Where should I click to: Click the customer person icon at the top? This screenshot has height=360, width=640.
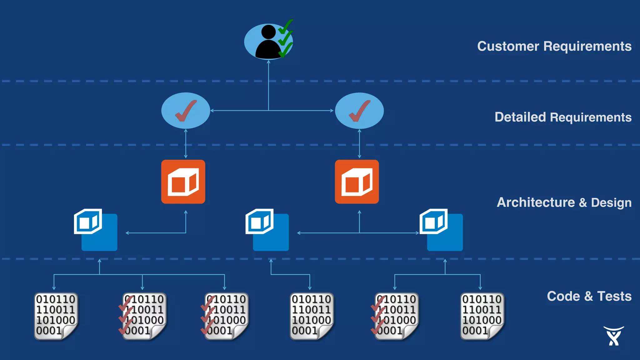point(268,42)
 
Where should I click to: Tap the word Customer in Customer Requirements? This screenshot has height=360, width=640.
point(508,46)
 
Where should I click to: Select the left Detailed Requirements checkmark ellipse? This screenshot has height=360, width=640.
point(186,111)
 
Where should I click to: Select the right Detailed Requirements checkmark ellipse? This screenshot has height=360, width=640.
point(359,111)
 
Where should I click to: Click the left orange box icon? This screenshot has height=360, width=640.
point(183,182)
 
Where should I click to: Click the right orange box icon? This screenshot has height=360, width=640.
point(357,182)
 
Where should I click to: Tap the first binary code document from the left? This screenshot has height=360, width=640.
point(56,316)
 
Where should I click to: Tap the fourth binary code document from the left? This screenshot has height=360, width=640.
point(311,316)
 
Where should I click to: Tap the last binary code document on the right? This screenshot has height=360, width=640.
point(482,316)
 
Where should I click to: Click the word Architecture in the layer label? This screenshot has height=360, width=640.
point(536,202)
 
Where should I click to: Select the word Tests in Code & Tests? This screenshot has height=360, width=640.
point(614,296)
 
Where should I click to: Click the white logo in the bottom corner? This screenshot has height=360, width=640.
point(613,336)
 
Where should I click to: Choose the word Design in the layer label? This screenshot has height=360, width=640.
point(611,202)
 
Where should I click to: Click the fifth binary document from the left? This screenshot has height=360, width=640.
point(396,316)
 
